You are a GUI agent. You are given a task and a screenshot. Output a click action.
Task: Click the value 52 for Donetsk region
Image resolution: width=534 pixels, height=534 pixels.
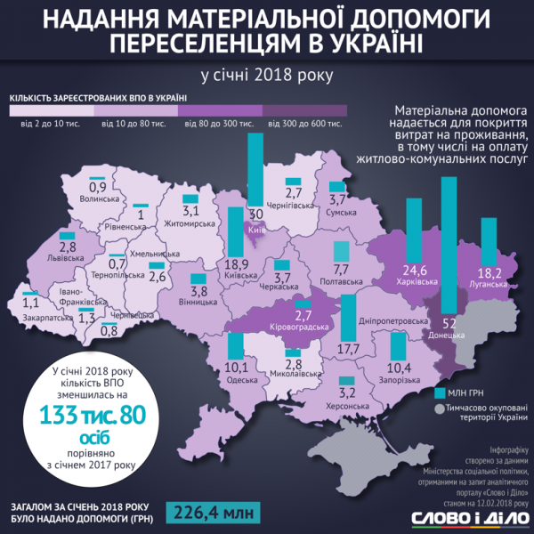click(449, 323)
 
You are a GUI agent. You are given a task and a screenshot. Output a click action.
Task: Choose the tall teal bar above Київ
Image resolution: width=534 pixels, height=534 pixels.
click(255, 169)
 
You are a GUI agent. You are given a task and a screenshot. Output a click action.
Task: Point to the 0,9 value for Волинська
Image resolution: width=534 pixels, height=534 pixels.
click(97, 188)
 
